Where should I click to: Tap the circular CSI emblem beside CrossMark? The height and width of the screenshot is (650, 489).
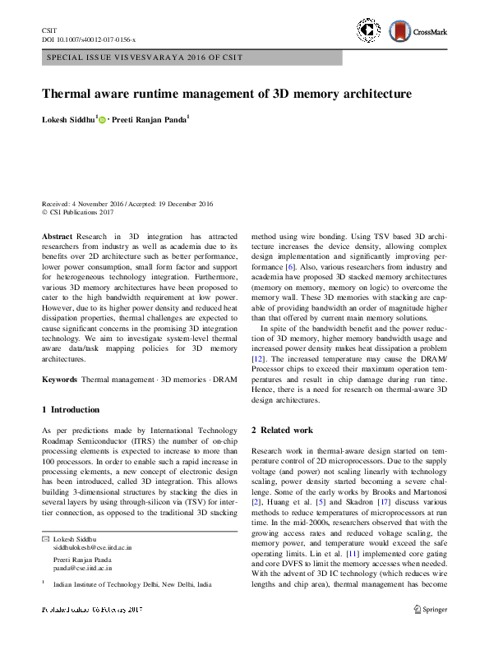point(368,31)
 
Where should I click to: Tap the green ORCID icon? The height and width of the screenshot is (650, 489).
point(103,120)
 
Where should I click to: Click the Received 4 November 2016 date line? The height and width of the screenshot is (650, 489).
point(127,205)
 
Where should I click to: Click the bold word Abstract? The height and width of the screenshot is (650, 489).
point(57,236)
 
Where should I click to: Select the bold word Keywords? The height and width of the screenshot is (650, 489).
point(60,380)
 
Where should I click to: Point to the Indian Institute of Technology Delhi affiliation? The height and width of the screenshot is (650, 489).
point(132,585)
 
